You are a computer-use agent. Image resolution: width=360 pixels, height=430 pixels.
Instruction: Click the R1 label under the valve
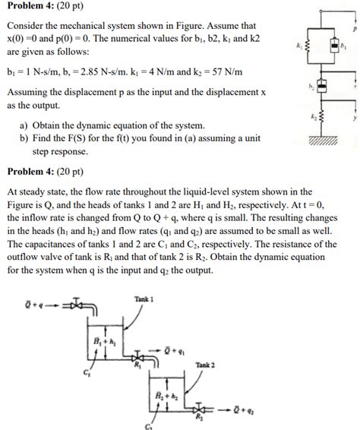137,365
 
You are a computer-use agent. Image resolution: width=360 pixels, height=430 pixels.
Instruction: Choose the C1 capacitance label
89,372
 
